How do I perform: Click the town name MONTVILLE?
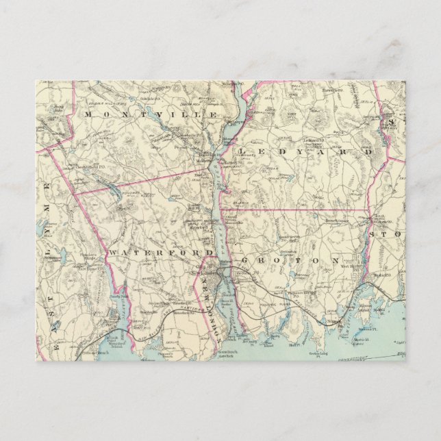[151, 114]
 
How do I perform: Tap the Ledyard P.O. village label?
[312, 141]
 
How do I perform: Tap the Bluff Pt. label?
[276, 346]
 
